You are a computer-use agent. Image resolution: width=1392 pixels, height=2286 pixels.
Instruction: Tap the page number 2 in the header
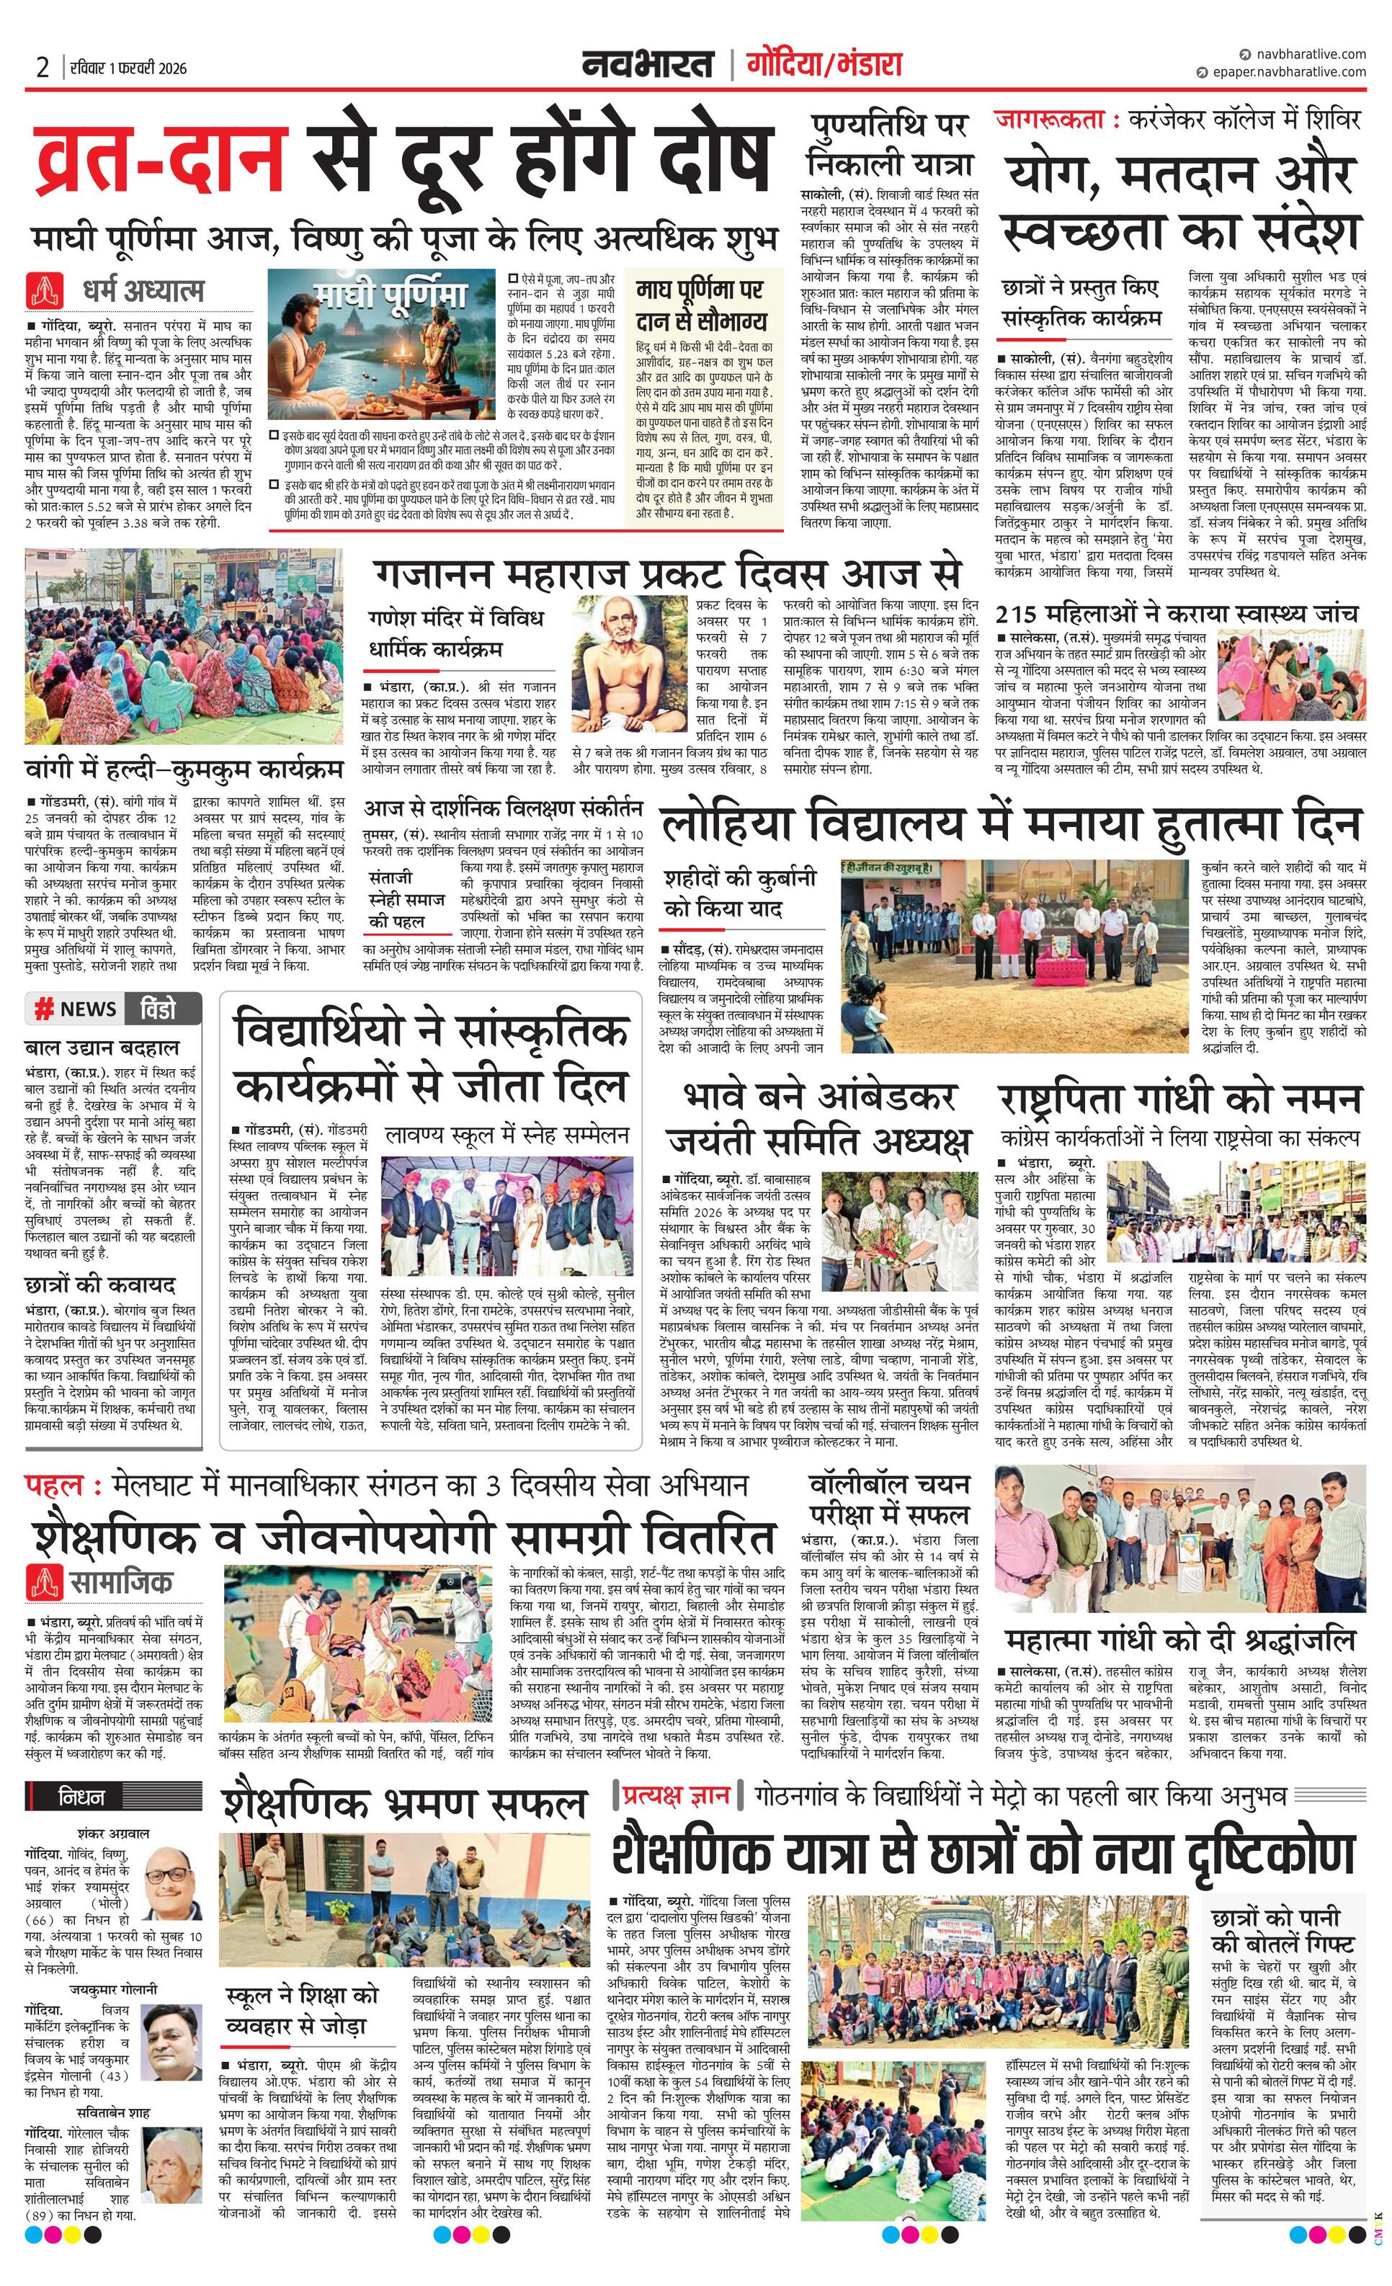coord(43,68)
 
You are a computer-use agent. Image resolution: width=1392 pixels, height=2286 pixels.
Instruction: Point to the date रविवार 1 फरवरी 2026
coord(127,68)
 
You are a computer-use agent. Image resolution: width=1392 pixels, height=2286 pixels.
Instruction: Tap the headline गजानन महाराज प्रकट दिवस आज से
coord(667,574)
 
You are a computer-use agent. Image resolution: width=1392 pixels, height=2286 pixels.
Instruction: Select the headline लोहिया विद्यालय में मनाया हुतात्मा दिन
coord(1009,825)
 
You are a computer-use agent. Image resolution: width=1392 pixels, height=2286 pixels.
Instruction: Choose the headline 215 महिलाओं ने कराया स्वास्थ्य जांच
coord(1176,613)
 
